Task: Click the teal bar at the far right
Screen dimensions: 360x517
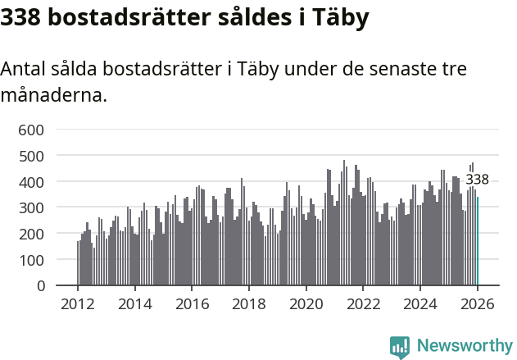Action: pos(478,241)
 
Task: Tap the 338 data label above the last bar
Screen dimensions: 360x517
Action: pos(478,180)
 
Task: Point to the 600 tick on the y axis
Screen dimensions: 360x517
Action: pos(32,130)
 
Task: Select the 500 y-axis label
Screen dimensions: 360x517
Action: pos(32,156)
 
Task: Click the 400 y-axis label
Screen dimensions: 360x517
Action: pos(32,182)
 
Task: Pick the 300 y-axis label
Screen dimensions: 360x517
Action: pos(32,208)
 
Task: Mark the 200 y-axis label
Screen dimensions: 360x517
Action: pos(32,234)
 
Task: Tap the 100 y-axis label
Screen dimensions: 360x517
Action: pos(32,260)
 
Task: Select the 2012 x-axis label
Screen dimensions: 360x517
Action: pos(78,304)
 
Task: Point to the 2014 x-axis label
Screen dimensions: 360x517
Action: pos(135,304)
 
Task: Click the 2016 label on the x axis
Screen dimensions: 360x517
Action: pos(192,304)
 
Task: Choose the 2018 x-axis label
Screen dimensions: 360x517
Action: pos(249,304)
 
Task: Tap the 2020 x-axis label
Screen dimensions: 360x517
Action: pos(306,304)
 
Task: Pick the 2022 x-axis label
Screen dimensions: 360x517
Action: pos(363,304)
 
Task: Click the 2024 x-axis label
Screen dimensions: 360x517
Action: pos(420,304)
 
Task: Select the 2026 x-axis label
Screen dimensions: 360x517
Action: pos(478,304)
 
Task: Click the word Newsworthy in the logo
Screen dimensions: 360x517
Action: pos(464,346)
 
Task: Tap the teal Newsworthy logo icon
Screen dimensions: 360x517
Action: pos(400,347)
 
